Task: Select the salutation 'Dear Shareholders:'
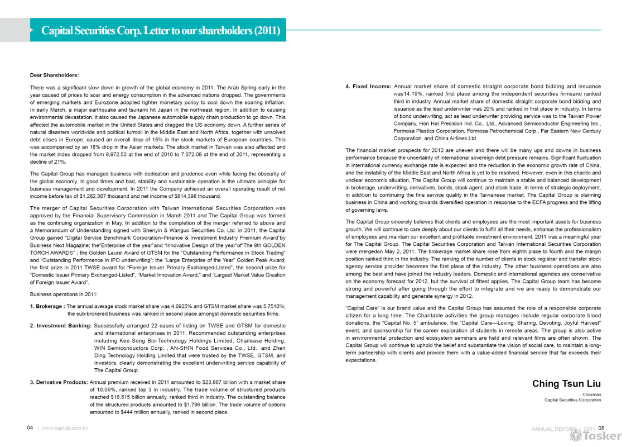[54, 75]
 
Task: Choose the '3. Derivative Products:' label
[59, 382]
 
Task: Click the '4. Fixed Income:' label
[368, 87]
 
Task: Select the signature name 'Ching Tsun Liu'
[566, 383]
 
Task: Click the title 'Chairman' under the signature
[591, 394]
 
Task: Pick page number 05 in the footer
[601, 428]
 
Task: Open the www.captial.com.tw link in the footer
[65, 427]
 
